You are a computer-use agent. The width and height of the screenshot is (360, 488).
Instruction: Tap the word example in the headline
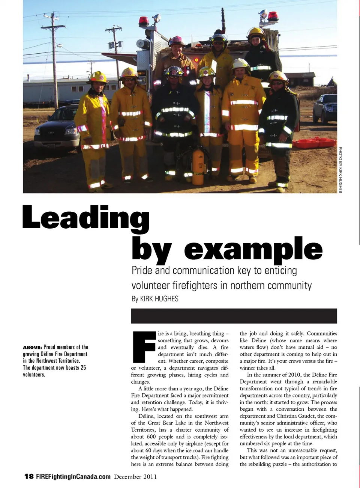pos(253,249)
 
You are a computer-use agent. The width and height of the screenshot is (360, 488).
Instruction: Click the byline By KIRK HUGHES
pos(155,299)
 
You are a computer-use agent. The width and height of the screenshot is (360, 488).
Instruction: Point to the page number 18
pos(29,476)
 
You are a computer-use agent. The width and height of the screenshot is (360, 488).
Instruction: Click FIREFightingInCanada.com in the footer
pos(73,476)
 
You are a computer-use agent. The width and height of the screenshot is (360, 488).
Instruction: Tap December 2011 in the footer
pos(135,477)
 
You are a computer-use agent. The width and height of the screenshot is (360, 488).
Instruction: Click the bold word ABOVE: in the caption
pos(32,347)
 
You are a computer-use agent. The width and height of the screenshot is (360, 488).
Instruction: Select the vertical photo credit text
pos(340,170)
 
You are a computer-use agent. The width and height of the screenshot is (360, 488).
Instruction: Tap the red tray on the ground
pos(314,143)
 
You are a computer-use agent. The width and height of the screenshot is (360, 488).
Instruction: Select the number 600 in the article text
pos(151,437)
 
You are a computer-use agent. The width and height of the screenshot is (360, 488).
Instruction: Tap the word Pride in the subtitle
pos(142,271)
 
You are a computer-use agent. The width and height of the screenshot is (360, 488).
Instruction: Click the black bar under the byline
pos(234,316)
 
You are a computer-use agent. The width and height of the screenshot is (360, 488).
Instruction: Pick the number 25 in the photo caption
pos(83,368)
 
